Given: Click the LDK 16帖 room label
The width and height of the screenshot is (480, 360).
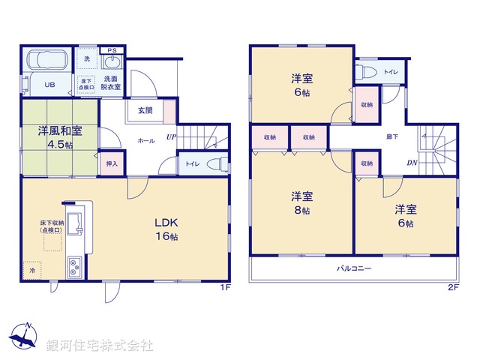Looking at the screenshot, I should point(166,229).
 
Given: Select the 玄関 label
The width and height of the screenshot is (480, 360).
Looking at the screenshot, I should point(145,110).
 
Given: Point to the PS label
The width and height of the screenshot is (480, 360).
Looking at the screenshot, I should point(112,50).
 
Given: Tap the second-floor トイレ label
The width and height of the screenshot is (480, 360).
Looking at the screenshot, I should point(390,72).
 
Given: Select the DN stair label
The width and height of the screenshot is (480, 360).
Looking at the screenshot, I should point(412,163).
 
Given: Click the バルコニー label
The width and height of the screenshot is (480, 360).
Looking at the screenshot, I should point(354,267).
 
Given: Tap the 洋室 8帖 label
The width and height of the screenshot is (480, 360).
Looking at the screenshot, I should point(302,203).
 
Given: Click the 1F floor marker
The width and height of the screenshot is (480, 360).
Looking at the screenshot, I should point(223,286).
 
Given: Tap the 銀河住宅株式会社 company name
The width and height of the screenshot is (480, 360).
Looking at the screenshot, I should point(100,346).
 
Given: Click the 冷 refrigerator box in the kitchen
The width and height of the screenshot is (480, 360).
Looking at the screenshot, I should point(32,267).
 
